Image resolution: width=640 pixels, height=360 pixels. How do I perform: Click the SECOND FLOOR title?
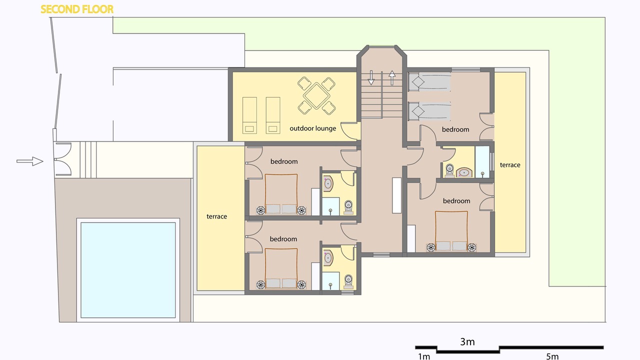click(77, 9)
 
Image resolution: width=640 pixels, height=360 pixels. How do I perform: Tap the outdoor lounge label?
click(313, 128)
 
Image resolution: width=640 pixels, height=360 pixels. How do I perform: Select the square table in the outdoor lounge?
click(316, 95)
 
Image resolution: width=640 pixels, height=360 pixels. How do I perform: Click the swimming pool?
click(128, 270)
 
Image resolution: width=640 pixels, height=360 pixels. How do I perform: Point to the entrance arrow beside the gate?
click(29, 161)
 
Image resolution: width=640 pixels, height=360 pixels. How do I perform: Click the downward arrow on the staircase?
click(371, 77)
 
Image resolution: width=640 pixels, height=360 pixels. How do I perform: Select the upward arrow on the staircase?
click(392, 77)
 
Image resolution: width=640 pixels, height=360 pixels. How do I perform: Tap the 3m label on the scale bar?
click(467, 341)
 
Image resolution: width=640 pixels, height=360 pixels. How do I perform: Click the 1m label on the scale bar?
click(424, 356)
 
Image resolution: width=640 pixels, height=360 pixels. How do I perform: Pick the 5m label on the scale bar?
click(552, 356)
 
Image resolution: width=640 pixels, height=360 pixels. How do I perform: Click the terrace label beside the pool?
click(216, 216)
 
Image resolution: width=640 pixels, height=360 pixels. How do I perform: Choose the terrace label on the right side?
click(510, 165)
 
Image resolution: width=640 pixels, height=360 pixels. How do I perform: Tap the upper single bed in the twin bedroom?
click(429, 82)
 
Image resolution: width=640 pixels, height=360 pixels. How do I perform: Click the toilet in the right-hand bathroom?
click(449, 170)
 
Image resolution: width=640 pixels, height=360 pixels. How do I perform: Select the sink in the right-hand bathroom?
click(464, 172)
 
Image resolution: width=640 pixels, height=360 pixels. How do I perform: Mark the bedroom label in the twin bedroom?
click(455, 129)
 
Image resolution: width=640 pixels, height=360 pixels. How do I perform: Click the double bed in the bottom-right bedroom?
click(451, 231)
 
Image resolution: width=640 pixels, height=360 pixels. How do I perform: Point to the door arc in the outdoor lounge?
click(349, 131)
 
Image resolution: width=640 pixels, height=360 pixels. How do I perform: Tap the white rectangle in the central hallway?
click(396, 195)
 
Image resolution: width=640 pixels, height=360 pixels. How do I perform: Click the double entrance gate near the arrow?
click(63, 159)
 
